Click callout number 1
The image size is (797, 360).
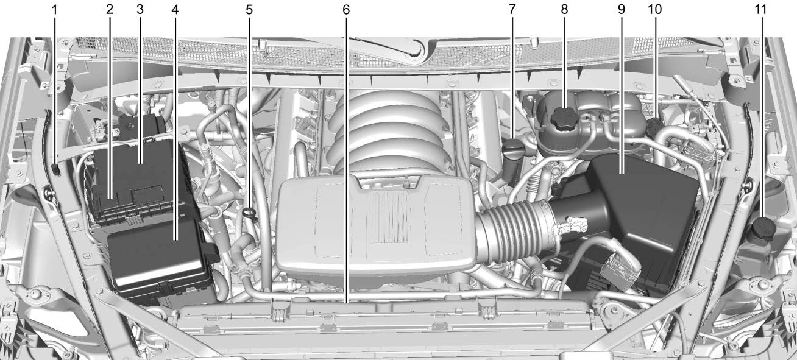tap(54, 10)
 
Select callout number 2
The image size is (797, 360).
tap(109, 10)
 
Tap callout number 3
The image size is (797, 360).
tap(140, 10)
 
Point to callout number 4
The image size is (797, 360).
tap(175, 10)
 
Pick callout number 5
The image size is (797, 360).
tap(249, 10)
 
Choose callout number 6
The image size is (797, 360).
tap(346, 10)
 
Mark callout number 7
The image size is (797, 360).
tap(512, 10)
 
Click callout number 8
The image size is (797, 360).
tap(564, 10)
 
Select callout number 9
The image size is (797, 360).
tap(622, 10)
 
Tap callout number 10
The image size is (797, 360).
tap(654, 10)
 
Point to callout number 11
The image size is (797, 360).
tap(760, 10)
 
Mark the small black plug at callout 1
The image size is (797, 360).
tap(55, 169)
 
